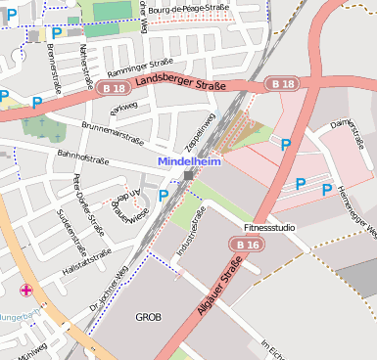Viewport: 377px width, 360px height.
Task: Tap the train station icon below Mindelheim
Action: [188, 175]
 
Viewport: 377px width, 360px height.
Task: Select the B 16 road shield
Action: [251, 245]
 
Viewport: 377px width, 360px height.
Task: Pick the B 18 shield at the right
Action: [282, 84]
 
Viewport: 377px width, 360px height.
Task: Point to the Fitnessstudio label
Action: [269, 227]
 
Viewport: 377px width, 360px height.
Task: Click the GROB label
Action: [148, 317]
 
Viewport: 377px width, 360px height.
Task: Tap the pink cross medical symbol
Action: [26, 290]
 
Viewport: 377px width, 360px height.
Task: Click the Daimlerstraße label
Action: [347, 138]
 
